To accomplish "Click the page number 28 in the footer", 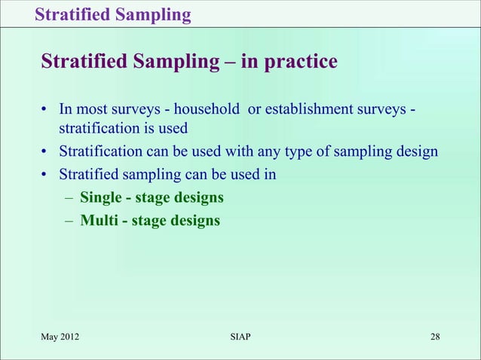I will pos(435,336).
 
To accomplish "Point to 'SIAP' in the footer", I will pos(240,336).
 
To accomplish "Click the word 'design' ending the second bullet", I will pos(416,152).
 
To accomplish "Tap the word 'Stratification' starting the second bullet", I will pos(101,152).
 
